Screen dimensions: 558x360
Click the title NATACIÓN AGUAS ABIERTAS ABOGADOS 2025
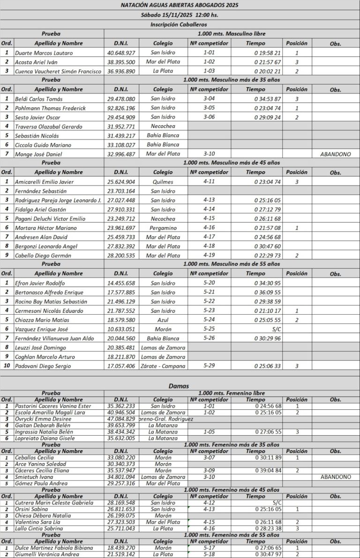(180, 5)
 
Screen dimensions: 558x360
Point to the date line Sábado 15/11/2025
(180, 15)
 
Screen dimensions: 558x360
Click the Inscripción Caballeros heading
(180, 24)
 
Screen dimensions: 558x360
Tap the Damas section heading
(180, 386)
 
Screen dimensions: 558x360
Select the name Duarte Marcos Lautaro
(44, 53)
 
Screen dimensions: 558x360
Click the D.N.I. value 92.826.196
(121, 108)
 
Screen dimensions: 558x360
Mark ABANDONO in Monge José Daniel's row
(335, 154)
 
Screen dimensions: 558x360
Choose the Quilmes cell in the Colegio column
(163, 182)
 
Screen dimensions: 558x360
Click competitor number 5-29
(209, 366)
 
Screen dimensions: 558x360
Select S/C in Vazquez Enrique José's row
(276, 329)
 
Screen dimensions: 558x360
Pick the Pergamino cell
(163, 228)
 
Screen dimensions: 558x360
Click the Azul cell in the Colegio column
(163, 320)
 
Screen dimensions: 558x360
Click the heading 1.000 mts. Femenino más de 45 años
(232, 490)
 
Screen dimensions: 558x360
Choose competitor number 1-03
(209, 71)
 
